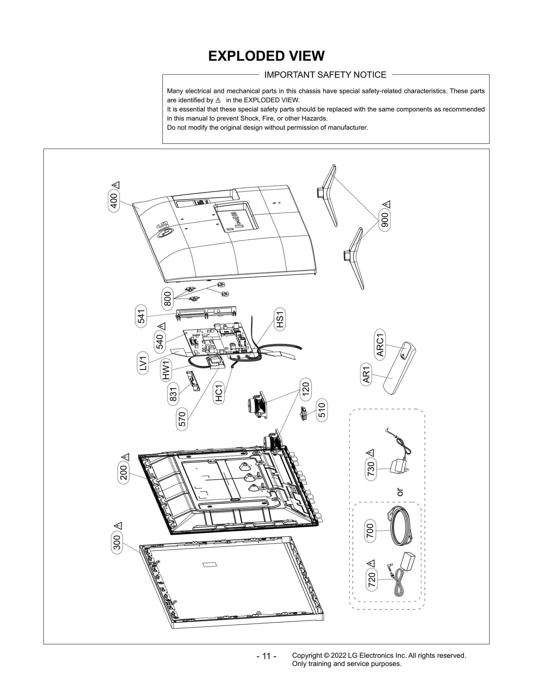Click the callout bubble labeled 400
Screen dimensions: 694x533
[x=114, y=200]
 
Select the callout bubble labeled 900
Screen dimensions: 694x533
[x=385, y=220]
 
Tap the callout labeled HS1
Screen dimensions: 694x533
[x=280, y=319]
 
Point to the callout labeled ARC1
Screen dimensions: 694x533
[x=380, y=345]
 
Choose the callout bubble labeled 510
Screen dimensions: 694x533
[x=322, y=410]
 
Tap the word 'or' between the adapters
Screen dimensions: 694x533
[x=400, y=492]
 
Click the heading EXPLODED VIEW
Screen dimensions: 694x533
[x=266, y=56]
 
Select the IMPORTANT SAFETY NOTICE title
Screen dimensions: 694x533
[x=325, y=75]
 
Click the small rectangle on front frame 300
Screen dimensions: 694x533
[x=209, y=564]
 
